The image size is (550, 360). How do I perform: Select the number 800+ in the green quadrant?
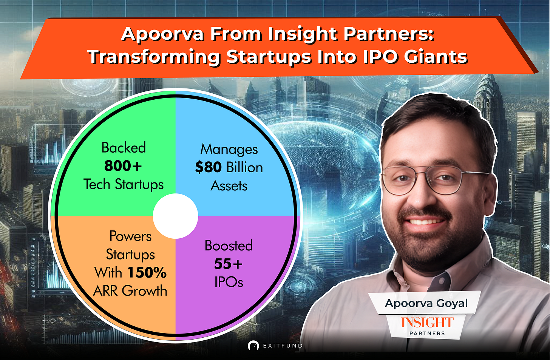click(x=123, y=166)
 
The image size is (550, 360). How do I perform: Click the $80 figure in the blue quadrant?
click(x=209, y=167)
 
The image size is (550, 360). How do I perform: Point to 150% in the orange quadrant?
click(x=147, y=273)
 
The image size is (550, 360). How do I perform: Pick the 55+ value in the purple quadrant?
click(x=228, y=264)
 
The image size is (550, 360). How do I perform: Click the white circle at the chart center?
click(x=175, y=216)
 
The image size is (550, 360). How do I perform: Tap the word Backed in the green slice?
click(x=124, y=147)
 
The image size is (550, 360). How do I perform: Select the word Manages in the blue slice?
click(x=229, y=149)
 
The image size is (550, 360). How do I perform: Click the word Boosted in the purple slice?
click(x=229, y=245)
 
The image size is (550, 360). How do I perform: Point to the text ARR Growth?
click(x=130, y=291)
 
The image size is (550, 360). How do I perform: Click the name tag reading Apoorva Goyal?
click(x=426, y=303)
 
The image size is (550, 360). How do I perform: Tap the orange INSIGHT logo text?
click(x=427, y=323)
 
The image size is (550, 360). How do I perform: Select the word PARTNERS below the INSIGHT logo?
click(x=427, y=334)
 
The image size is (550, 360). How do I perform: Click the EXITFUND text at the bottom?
click(x=283, y=346)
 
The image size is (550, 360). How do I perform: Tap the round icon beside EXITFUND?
click(x=253, y=346)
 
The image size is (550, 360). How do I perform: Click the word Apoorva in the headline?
click(x=162, y=34)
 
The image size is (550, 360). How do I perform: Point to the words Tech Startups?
click(x=124, y=184)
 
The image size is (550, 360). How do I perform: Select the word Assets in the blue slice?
click(x=229, y=186)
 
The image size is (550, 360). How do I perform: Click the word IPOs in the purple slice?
click(x=229, y=282)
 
